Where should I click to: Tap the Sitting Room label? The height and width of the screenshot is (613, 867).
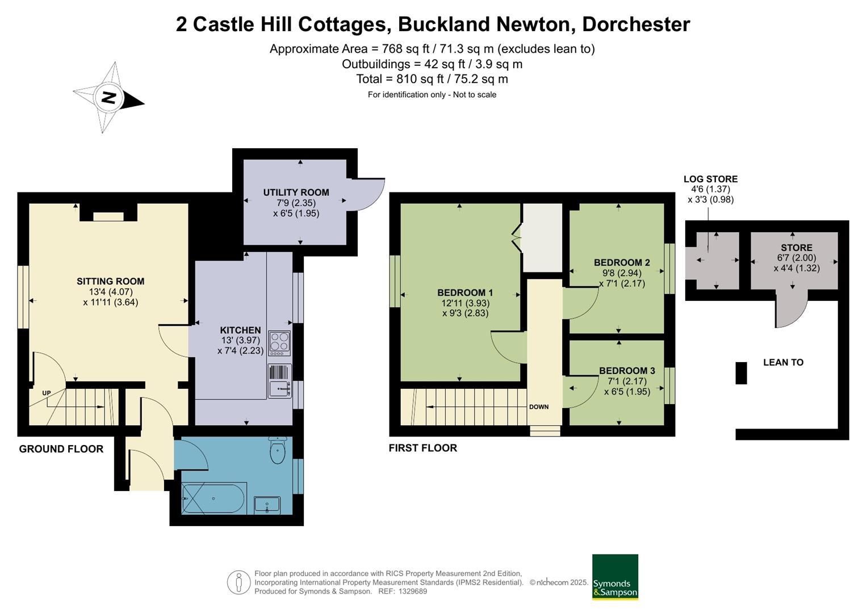pyautogui.click(x=111, y=281)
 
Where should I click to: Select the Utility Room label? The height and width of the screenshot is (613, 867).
pyautogui.click(x=296, y=192)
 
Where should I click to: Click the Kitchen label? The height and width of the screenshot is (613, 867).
pyautogui.click(x=240, y=330)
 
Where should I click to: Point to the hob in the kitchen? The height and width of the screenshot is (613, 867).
pyautogui.click(x=279, y=343)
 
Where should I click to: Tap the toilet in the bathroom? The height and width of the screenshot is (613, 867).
pyautogui.click(x=277, y=451)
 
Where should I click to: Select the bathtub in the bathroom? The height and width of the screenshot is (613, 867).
pyautogui.click(x=213, y=498)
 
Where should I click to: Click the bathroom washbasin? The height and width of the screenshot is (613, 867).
pyautogui.click(x=267, y=505)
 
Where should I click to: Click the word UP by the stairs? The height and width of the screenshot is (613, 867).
pyautogui.click(x=47, y=393)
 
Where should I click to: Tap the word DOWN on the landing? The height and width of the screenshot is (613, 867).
pyautogui.click(x=539, y=406)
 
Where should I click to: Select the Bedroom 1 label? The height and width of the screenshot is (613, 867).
pyautogui.click(x=465, y=293)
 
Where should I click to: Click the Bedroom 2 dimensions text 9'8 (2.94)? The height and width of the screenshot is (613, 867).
pyautogui.click(x=618, y=273)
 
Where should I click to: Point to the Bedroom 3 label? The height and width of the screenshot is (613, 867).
pyautogui.click(x=627, y=371)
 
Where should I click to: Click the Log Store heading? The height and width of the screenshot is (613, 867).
pyautogui.click(x=710, y=179)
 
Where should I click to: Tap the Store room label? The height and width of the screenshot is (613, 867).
pyautogui.click(x=796, y=247)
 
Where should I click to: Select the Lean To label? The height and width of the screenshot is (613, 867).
pyautogui.click(x=783, y=362)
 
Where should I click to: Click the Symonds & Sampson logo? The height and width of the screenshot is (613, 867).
pyautogui.click(x=615, y=577)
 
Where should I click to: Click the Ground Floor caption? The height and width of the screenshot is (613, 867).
pyautogui.click(x=61, y=449)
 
